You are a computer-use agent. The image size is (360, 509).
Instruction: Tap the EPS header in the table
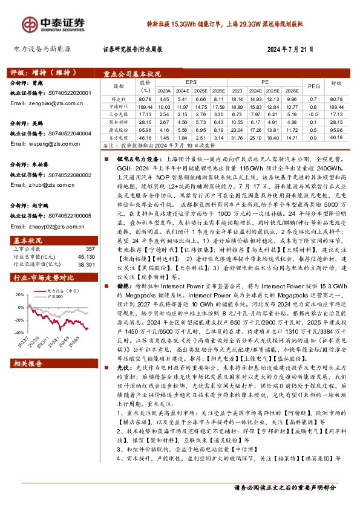pos(191,80)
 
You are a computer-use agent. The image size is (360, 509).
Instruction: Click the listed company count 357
pos(90,249)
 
